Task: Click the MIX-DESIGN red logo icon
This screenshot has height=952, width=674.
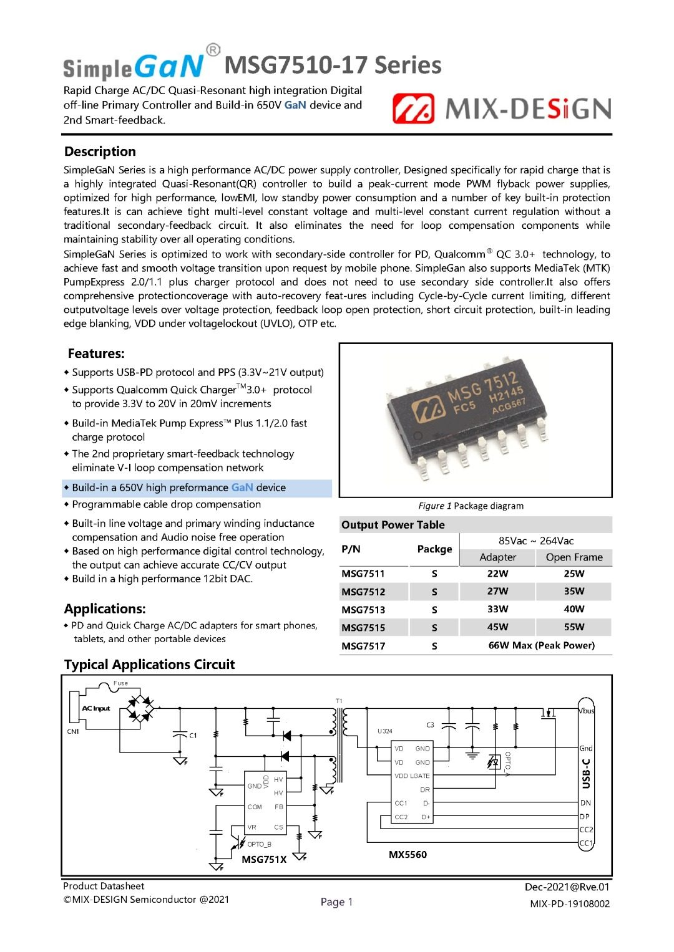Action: pyautogui.click(x=413, y=109)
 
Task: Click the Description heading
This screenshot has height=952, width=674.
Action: pyautogui.click(x=100, y=151)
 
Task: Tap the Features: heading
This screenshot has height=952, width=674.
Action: pyautogui.click(x=96, y=353)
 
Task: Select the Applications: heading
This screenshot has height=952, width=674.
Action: pyautogui.click(x=105, y=608)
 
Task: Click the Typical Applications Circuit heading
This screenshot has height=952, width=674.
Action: pyautogui.click(x=149, y=665)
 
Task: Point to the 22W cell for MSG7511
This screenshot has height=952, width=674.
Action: pyautogui.click(x=497, y=574)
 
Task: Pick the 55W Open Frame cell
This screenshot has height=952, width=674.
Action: pyautogui.click(x=574, y=627)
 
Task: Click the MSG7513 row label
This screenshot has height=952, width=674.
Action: pyautogui.click(x=363, y=610)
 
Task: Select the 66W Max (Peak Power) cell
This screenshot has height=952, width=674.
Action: pyautogui.click(x=541, y=645)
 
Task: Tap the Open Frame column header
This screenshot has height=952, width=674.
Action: pyautogui.click(x=574, y=557)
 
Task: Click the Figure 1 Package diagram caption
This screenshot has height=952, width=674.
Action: pyautogui.click(x=471, y=506)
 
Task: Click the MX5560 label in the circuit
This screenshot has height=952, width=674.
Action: pyautogui.click(x=408, y=855)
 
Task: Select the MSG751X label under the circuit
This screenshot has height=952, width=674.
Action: pyautogui.click(x=264, y=859)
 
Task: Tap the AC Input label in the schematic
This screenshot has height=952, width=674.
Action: pyautogui.click(x=96, y=708)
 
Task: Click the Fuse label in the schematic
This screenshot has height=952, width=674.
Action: pyautogui.click(x=120, y=683)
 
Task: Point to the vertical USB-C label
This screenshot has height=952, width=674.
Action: pyautogui.click(x=585, y=774)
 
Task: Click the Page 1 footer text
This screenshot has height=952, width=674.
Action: pyautogui.click(x=336, y=902)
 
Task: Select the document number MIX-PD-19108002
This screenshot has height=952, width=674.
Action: pyautogui.click(x=569, y=904)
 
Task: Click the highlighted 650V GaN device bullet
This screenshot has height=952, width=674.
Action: pyautogui.click(x=178, y=488)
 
